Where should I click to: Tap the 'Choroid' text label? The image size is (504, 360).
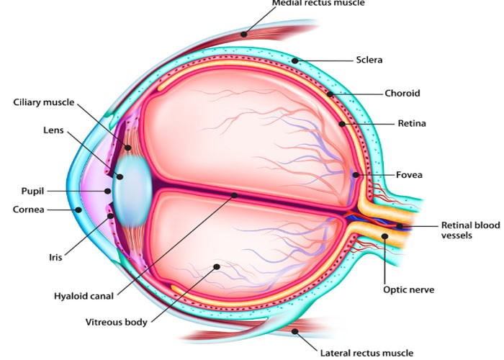click(402, 94)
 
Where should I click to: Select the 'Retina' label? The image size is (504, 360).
click(412, 124)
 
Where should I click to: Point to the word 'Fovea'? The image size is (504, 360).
click(409, 175)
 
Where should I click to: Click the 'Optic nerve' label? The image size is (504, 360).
click(408, 290)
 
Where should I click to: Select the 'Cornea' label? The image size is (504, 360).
click(29, 210)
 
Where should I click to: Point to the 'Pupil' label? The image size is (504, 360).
click(32, 192)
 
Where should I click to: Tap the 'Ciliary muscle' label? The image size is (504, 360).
click(42, 102)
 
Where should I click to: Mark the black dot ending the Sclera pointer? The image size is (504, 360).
click(294, 60)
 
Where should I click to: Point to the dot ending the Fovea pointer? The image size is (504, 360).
click(355, 175)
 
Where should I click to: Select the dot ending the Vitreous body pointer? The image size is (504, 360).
click(216, 266)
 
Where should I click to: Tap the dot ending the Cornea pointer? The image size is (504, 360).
click(78, 210)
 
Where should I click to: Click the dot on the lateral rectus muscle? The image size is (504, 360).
click(295, 330)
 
